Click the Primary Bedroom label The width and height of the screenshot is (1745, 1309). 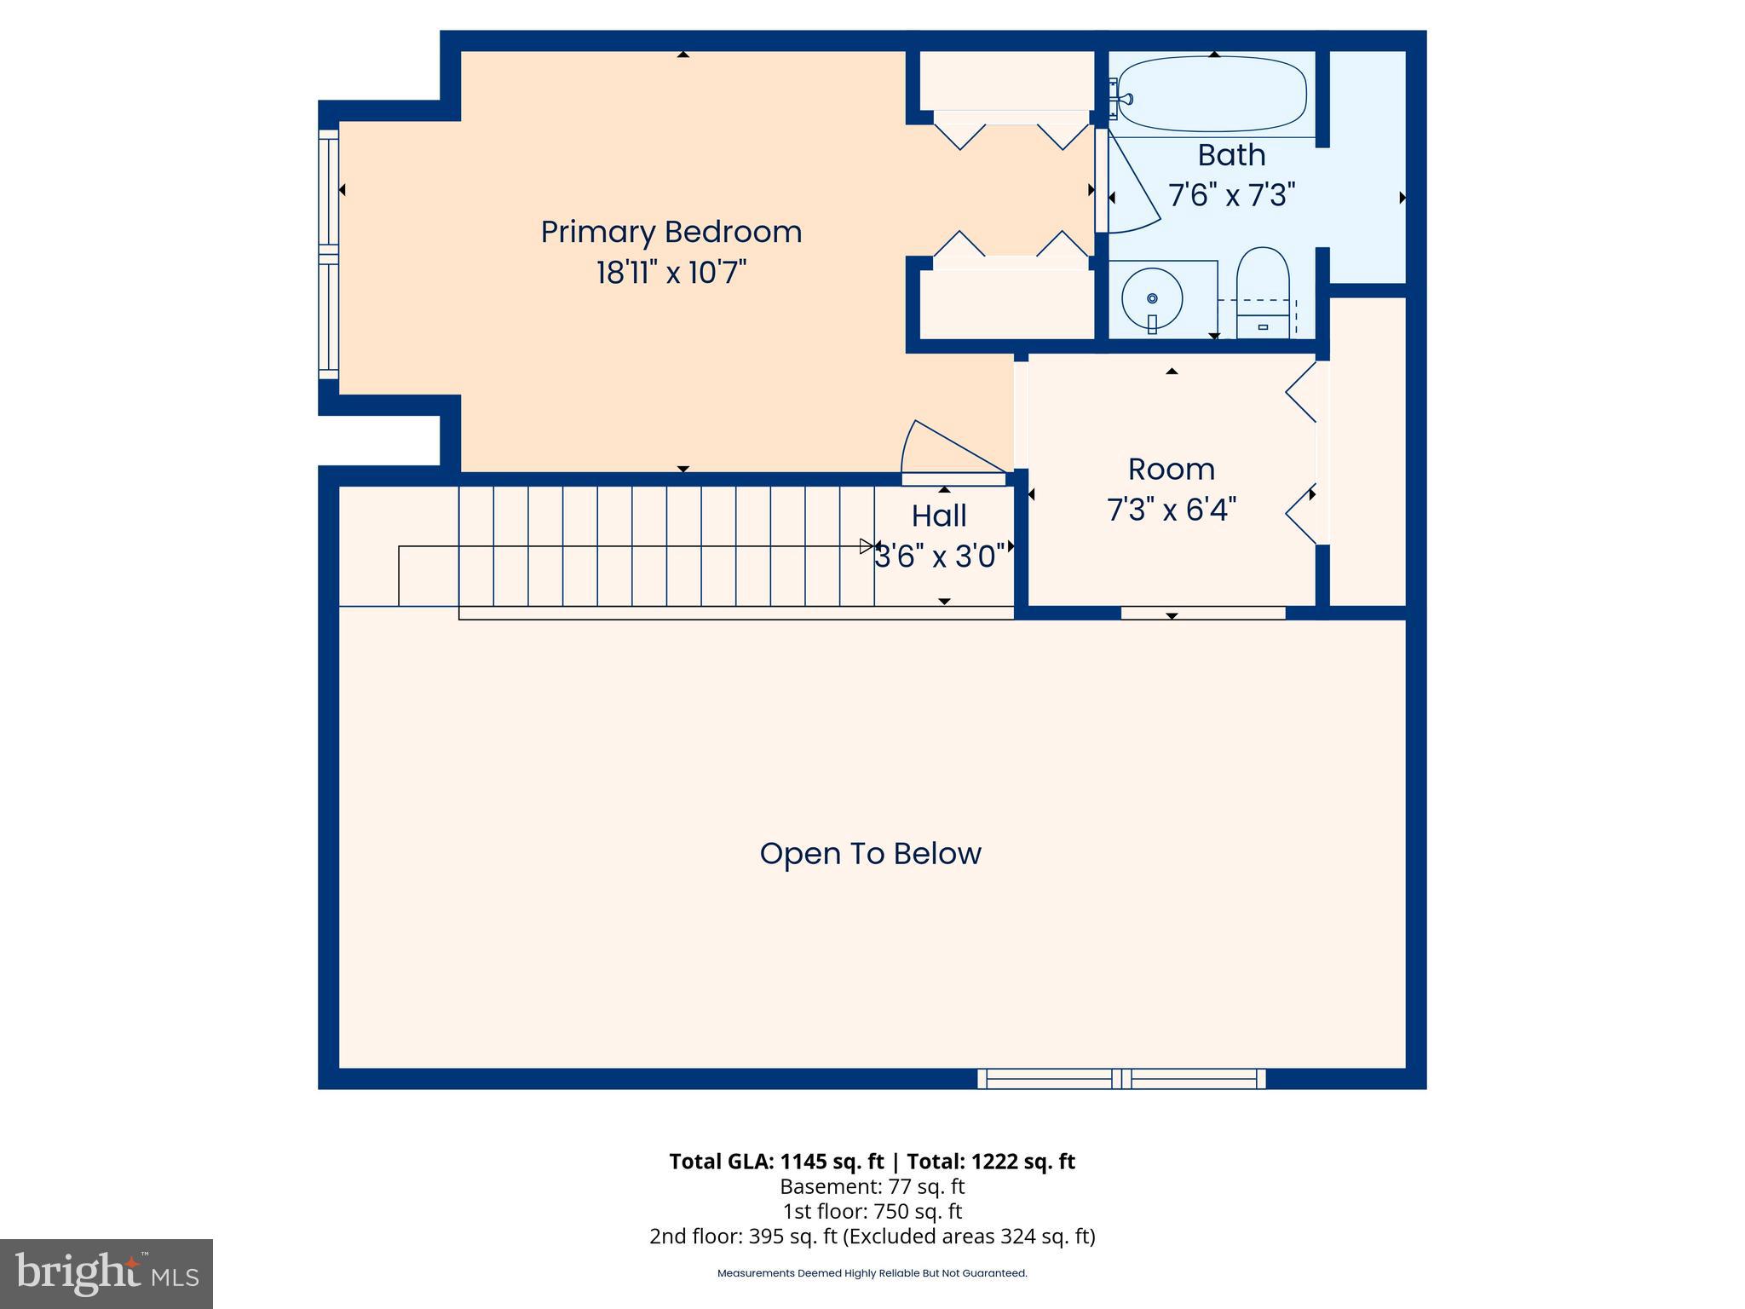click(x=671, y=232)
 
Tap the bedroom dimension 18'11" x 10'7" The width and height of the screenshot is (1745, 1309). click(x=671, y=273)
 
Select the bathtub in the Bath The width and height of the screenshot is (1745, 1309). click(x=1212, y=95)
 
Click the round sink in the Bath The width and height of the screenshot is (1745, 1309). click(x=1152, y=298)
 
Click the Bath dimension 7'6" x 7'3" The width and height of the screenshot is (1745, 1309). click(x=1231, y=195)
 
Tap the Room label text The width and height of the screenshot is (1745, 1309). click(x=1172, y=470)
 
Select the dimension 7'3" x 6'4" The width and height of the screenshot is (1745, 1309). click(x=1172, y=510)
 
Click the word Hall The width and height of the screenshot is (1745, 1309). click(x=939, y=516)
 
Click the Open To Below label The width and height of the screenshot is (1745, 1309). click(x=870, y=854)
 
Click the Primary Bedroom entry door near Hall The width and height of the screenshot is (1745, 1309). click(x=950, y=452)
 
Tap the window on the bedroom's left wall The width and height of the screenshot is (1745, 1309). click(x=329, y=254)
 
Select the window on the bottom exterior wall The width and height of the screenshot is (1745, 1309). click(x=1121, y=1079)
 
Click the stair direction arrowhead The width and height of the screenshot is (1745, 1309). click(x=867, y=546)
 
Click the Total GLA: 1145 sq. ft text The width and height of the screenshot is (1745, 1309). click(x=776, y=1162)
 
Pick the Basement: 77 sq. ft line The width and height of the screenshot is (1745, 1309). click(x=872, y=1186)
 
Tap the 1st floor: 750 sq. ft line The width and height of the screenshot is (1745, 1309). click(x=872, y=1211)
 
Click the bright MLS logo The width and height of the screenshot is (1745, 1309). click(x=107, y=1273)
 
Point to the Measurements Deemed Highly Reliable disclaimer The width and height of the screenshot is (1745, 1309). click(x=872, y=1273)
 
